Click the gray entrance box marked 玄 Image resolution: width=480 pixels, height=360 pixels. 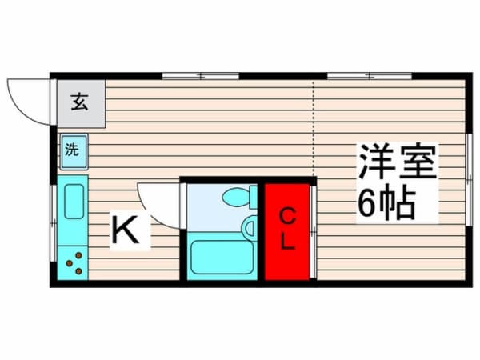[x=79, y=103]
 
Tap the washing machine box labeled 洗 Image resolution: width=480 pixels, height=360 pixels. [x=73, y=150]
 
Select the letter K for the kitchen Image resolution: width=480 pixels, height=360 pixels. [x=129, y=231]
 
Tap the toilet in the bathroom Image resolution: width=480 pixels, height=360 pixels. [x=238, y=196]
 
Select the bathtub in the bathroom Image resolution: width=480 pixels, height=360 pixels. [x=222, y=257]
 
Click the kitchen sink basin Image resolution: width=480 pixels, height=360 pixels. [x=74, y=202]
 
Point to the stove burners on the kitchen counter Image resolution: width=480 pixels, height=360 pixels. [x=74, y=262]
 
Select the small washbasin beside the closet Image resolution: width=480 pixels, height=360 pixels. [x=250, y=228]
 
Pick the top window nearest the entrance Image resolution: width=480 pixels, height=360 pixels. [x=200, y=76]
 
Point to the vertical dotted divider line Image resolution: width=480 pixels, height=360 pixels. [x=313, y=128]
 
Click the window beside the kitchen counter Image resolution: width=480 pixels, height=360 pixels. [x=54, y=216]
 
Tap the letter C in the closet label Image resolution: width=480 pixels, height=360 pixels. [x=287, y=215]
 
